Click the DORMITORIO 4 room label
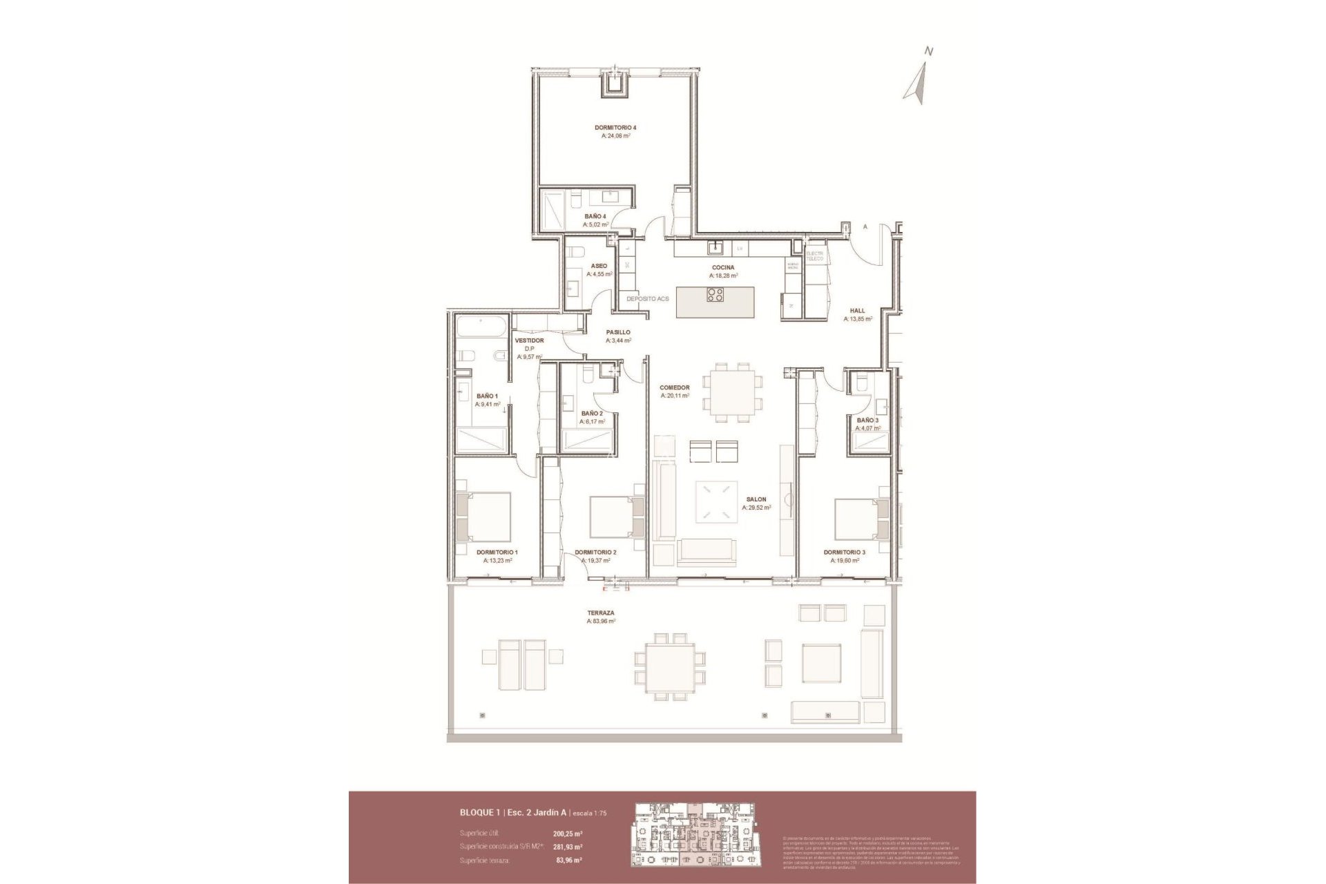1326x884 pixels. coord(615,128)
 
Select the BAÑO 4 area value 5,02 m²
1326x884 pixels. coord(595,224)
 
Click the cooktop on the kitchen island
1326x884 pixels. coord(715,295)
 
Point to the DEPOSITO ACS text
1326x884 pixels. coord(647,299)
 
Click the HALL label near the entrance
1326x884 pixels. coord(857,311)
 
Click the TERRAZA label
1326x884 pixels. coord(600,613)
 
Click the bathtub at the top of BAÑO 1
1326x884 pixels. coord(482,325)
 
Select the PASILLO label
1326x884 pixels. coord(617,332)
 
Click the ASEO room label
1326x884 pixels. coord(599,266)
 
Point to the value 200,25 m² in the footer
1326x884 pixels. coord(568,834)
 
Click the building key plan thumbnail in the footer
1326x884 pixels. coord(694,834)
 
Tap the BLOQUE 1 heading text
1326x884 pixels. coord(480,813)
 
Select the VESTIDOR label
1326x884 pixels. coord(529,340)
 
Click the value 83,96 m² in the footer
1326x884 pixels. coord(568,861)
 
